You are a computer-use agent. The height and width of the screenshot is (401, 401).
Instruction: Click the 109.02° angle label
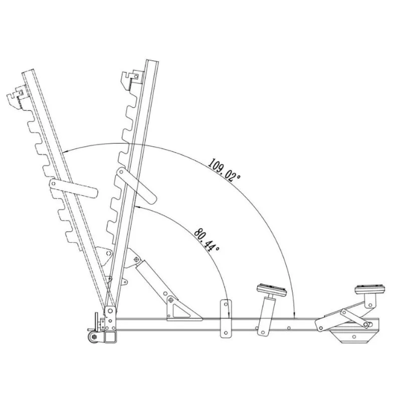(224, 170)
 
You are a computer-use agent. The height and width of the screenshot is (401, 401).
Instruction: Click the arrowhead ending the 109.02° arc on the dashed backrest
(66, 152)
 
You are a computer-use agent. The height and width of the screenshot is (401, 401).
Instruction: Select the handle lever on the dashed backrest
(74, 188)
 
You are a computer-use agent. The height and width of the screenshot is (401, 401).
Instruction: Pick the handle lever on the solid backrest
(136, 185)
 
